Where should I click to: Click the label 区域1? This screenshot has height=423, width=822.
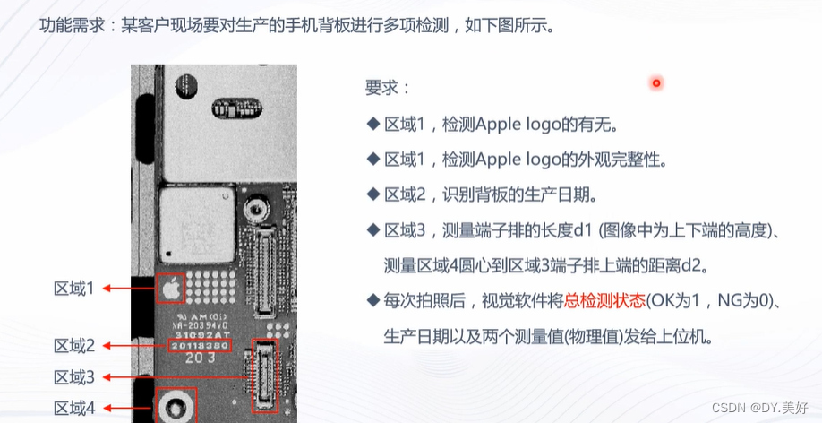pos(74,288)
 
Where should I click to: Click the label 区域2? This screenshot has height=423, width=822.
pos(74,345)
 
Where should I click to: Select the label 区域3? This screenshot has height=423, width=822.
pos(74,377)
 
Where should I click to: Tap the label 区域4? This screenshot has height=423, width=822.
pos(74,408)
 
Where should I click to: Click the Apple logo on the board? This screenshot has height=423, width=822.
pos(170,288)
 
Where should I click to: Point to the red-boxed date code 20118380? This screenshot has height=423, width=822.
pos(201,344)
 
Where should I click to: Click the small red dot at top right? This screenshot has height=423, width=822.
pos(656,83)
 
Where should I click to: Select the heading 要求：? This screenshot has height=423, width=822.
pos(388,88)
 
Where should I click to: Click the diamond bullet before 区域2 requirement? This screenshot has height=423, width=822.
pos(373,194)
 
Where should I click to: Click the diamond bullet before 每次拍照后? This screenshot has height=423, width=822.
pos(373,299)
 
